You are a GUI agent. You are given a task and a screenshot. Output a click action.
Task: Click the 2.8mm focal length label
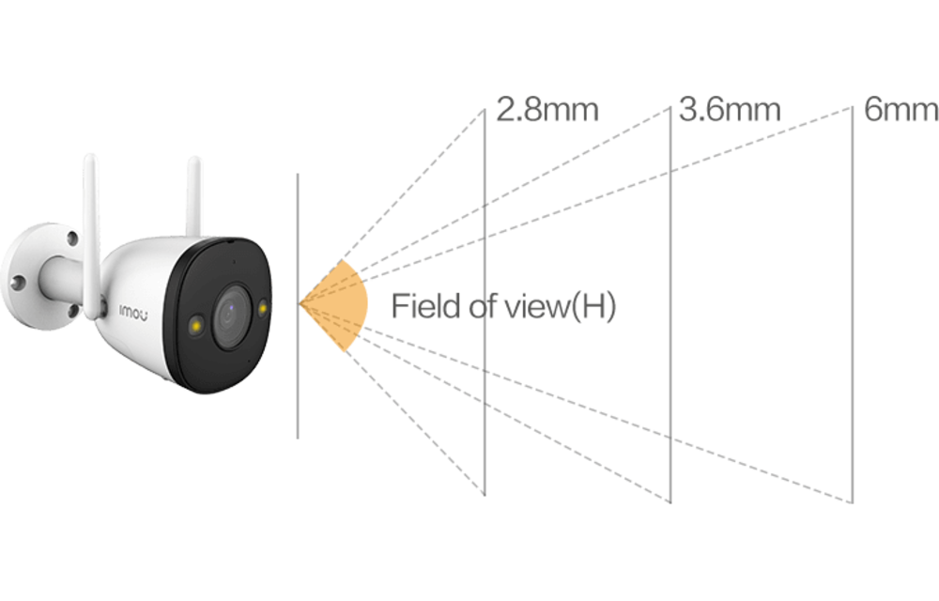[546, 111]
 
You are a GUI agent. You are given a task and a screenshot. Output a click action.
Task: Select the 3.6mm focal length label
[730, 111]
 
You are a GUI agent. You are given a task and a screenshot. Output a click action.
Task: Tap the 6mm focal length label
[900, 111]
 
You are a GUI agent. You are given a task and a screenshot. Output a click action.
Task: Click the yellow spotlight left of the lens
[197, 324]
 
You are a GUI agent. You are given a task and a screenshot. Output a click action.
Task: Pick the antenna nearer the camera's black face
[195, 197]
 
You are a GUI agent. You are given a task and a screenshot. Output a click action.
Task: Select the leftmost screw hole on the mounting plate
[16, 283]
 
